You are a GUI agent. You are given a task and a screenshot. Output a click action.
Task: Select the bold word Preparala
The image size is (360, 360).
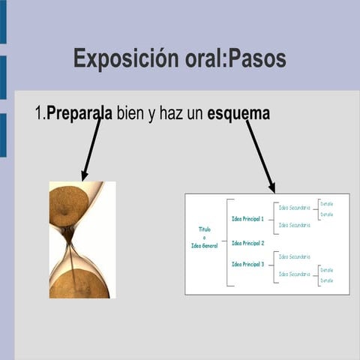point(79,113)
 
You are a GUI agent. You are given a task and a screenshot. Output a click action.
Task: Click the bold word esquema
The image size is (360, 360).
point(238,113)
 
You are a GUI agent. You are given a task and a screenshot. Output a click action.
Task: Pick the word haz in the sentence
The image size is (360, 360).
point(170,113)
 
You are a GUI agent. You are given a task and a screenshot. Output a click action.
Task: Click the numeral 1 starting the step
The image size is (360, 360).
point(39,113)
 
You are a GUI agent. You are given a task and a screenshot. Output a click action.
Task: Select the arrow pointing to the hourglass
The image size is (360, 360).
point(91,150)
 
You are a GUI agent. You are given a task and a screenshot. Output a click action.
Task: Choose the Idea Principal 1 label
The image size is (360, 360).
point(247,219)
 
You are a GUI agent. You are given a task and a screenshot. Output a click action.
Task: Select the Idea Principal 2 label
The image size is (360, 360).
point(247,243)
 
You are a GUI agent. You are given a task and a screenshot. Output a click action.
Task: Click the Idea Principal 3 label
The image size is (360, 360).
point(247,264)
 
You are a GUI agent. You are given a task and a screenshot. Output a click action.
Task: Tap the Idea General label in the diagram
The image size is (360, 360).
point(204,245)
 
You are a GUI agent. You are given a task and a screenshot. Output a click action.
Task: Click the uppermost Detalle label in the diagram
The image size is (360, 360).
point(326,204)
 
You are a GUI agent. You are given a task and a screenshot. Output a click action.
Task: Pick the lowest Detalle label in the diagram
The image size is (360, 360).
point(326,280)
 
